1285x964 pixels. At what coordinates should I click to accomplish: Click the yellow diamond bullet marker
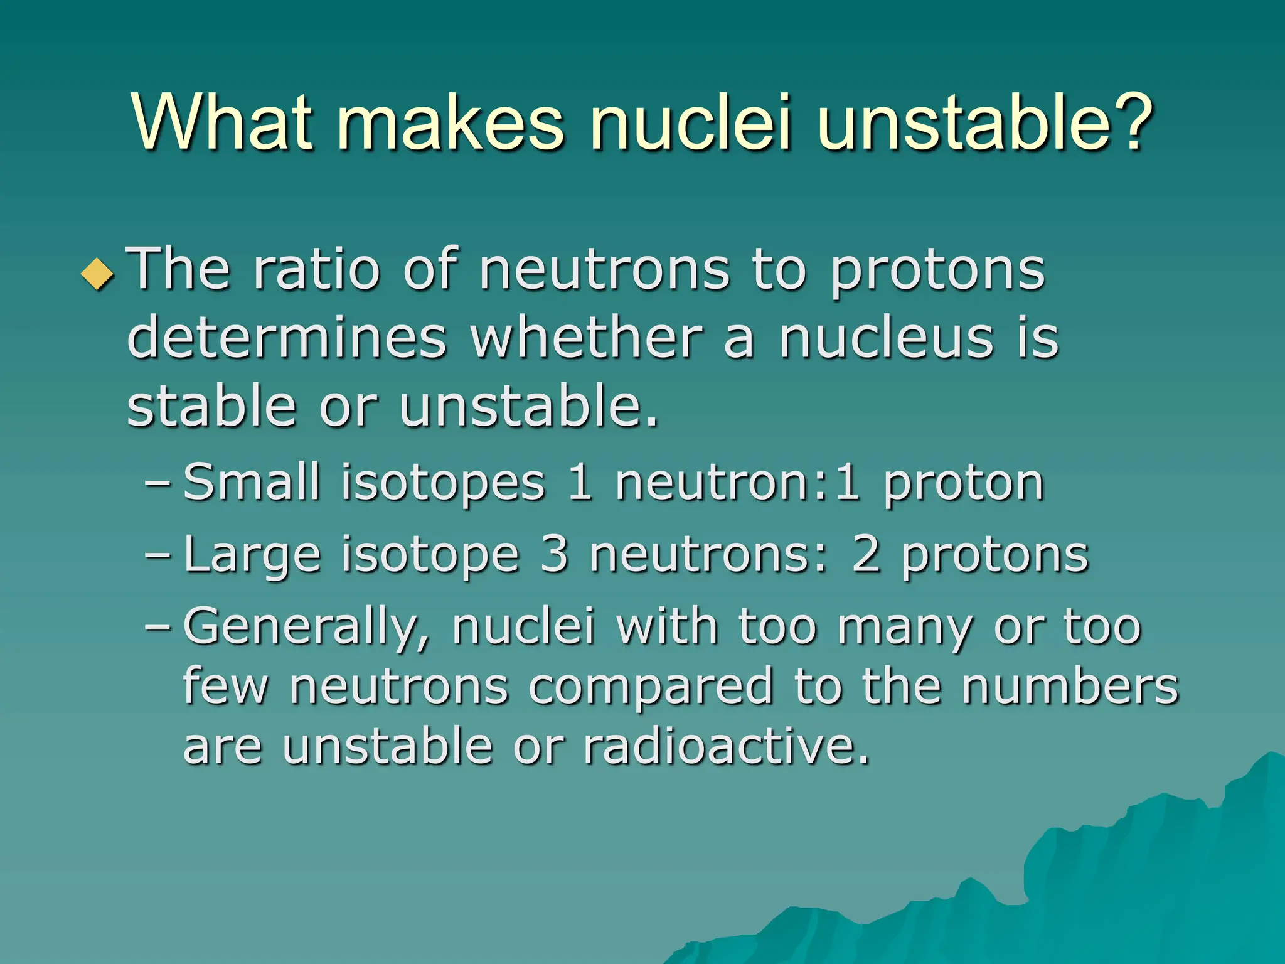tap(98, 274)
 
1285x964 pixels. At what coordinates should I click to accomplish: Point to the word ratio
tap(317, 270)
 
